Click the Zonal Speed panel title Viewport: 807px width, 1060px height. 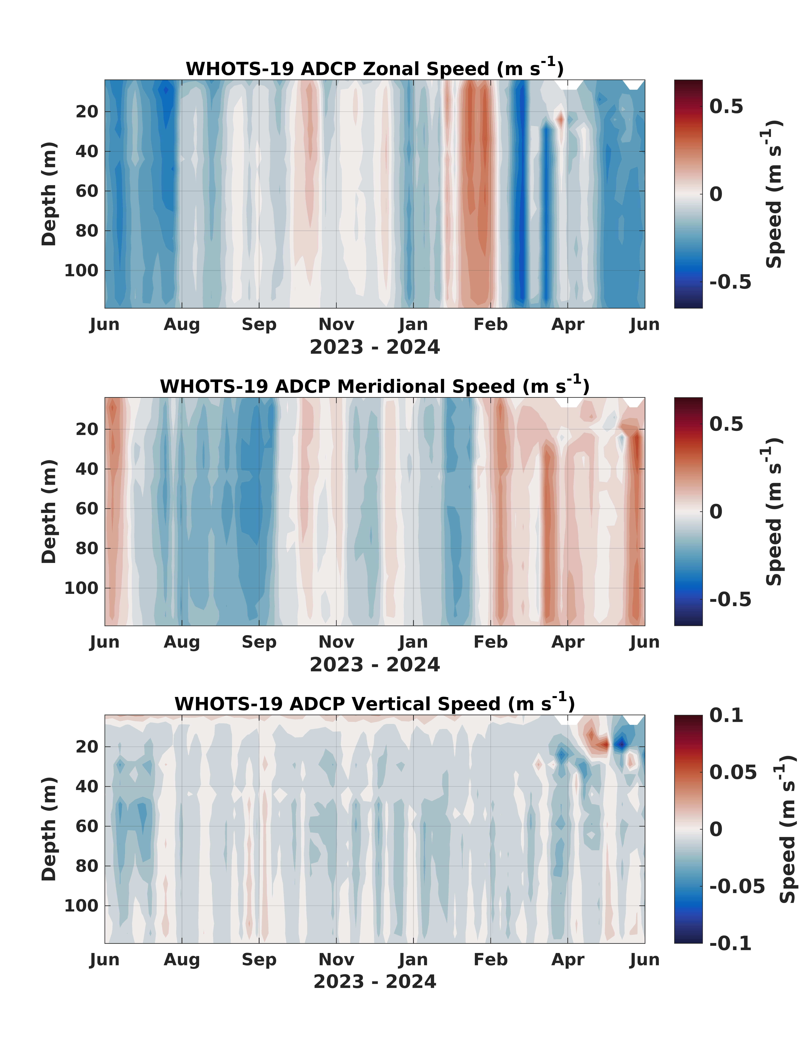[x=375, y=68]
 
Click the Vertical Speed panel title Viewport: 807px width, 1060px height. [x=375, y=703]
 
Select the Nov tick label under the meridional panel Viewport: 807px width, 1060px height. [x=336, y=642]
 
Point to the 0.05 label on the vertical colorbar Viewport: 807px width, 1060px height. [x=733, y=773]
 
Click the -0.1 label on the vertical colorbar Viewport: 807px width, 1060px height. [x=730, y=943]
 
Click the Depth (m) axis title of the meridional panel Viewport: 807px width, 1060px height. [x=49, y=511]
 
